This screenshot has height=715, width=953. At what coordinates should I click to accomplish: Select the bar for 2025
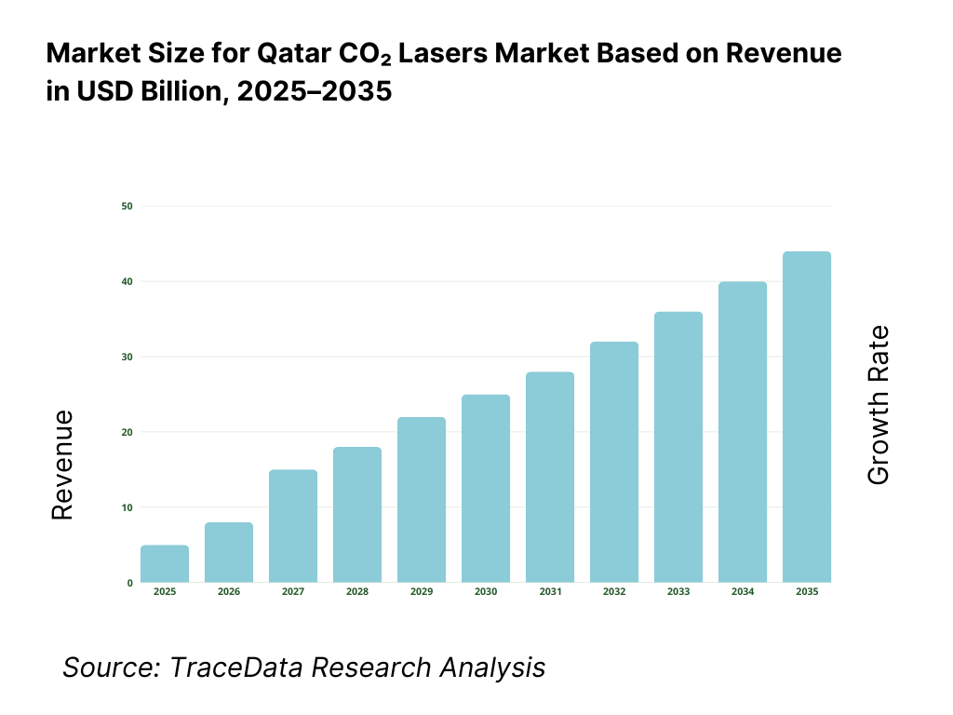[165, 564]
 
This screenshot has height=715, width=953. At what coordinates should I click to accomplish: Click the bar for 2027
[293, 527]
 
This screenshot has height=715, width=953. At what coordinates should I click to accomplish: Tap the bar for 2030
[486, 489]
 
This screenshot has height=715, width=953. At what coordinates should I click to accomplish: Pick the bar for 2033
[678, 448]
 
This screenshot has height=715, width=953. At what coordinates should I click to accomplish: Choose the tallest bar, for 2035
[807, 417]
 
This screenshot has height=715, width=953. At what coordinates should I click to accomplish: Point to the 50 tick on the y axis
[127, 206]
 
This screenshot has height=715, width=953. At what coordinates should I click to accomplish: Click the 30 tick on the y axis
[127, 357]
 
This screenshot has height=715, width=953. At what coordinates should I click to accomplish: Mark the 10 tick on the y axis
[127, 507]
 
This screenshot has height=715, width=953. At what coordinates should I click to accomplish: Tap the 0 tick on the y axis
[129, 583]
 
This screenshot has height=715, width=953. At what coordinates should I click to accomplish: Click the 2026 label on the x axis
[229, 592]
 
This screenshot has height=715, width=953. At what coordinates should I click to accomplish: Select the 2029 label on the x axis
[422, 592]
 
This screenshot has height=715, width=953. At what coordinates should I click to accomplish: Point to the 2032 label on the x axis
[614, 592]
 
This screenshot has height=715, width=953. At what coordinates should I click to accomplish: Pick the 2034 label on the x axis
[743, 592]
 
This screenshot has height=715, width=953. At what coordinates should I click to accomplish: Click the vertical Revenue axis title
[62, 465]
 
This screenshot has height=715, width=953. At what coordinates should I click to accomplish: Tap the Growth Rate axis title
[879, 405]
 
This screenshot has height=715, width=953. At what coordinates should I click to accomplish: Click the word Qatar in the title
[291, 55]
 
